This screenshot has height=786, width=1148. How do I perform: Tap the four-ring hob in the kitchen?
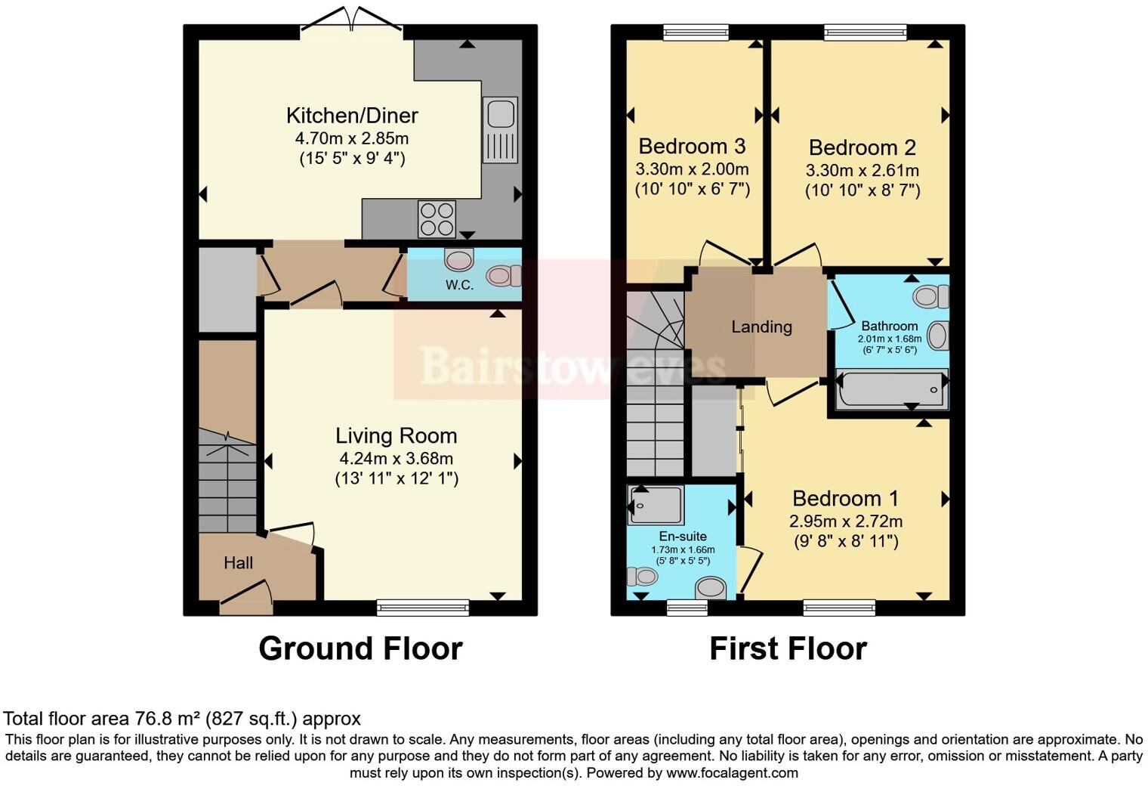click(437, 218)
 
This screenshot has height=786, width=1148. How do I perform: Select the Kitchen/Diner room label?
click(352, 116)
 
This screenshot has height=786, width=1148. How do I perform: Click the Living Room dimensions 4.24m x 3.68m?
click(396, 458)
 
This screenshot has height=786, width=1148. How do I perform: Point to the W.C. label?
click(459, 285)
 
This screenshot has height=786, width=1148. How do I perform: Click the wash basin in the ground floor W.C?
click(458, 260)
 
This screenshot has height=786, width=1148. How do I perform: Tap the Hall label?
click(238, 563)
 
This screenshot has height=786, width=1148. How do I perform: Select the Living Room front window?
click(422, 606)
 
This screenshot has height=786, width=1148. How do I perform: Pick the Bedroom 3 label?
click(692, 146)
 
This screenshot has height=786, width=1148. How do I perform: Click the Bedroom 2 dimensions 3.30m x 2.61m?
click(862, 170)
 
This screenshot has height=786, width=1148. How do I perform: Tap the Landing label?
click(761, 326)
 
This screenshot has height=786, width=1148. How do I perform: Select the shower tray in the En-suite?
click(656, 505)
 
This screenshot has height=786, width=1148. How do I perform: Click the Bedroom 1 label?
click(845, 499)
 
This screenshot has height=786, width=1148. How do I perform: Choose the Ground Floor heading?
click(360, 648)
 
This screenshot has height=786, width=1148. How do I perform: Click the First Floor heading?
click(788, 648)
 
